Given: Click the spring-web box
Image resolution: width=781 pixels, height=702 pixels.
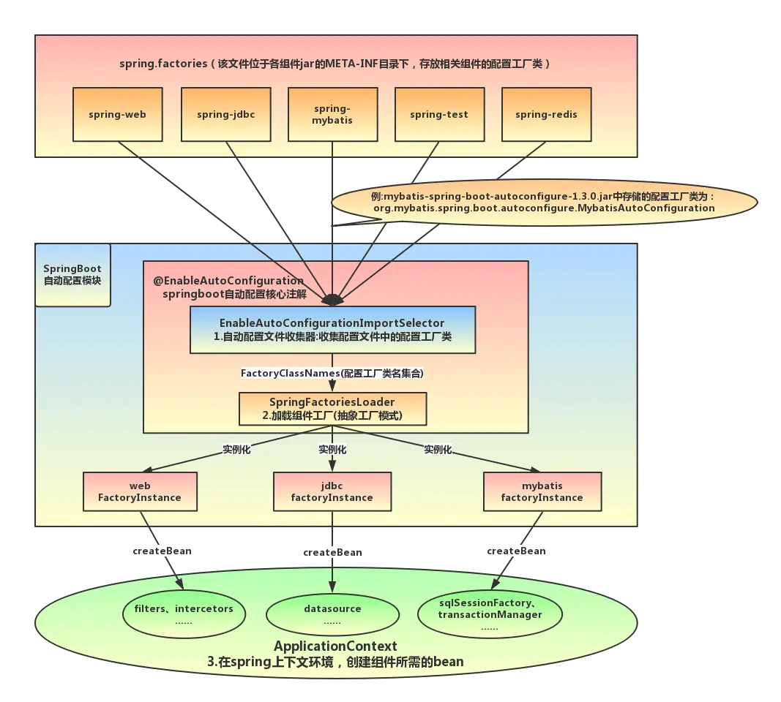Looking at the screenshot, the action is (x=118, y=114).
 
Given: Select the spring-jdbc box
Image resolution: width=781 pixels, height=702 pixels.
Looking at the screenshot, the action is (x=226, y=114).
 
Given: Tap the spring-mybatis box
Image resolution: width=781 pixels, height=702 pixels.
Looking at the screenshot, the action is (x=333, y=114).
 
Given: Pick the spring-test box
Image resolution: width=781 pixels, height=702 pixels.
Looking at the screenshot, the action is (x=439, y=114).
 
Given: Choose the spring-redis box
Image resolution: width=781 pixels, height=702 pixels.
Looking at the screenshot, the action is (x=546, y=114).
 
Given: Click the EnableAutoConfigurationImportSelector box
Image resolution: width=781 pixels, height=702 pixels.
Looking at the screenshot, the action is (x=333, y=330).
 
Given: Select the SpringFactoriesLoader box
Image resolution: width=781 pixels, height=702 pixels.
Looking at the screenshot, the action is (x=333, y=409).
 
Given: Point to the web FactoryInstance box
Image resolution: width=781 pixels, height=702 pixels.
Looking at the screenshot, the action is (x=140, y=491).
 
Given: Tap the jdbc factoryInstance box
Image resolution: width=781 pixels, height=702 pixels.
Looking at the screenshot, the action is (x=332, y=491).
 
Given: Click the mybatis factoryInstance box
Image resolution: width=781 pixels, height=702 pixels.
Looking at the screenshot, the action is (x=542, y=491).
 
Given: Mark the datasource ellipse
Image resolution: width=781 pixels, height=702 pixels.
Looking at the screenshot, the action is (x=333, y=614).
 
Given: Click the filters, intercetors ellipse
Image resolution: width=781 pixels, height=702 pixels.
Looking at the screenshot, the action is (x=184, y=614).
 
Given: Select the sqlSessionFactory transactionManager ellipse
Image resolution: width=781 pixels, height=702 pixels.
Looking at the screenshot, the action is (x=490, y=614).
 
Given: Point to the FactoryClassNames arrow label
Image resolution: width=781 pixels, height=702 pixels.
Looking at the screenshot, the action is (x=332, y=373).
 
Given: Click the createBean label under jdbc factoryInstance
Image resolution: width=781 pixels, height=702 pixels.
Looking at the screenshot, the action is (x=333, y=552).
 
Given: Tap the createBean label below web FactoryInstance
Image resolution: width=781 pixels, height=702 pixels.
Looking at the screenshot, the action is (x=162, y=551).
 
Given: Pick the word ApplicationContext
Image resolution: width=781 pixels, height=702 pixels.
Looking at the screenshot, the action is (x=335, y=646).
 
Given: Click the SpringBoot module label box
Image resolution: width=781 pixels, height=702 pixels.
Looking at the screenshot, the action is (x=72, y=275).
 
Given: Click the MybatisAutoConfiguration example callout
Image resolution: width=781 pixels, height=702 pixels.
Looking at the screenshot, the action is (x=544, y=203).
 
